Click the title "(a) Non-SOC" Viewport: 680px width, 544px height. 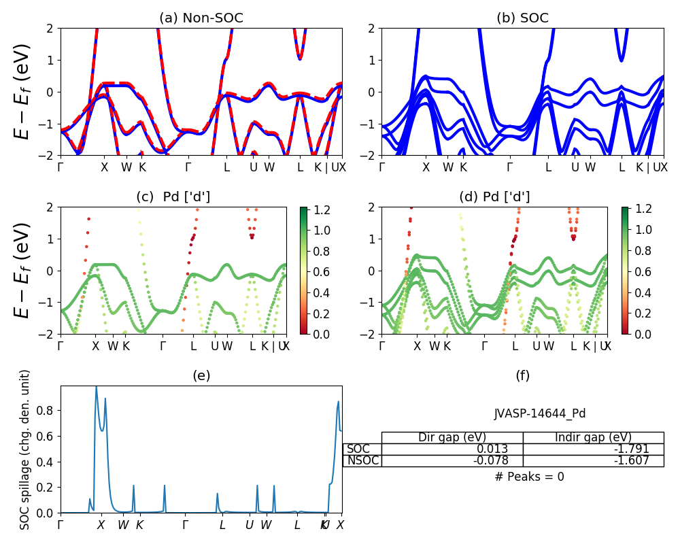pyautogui.click(x=201, y=18)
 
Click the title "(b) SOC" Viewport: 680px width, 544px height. pyautogui.click(x=522, y=18)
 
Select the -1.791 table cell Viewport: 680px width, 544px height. pyautogui.click(x=632, y=449)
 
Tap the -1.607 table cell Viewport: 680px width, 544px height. pyautogui.click(x=632, y=460)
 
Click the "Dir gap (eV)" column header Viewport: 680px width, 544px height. pyautogui.click(x=452, y=437)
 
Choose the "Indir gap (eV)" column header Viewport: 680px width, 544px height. pyautogui.click(x=593, y=437)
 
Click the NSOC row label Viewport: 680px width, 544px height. pyautogui.click(x=362, y=460)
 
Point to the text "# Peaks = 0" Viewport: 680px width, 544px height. pyautogui.click(x=530, y=477)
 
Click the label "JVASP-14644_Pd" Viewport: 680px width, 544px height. pyautogui.click(x=540, y=413)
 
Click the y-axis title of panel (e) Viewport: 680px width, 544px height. pyautogui.click(x=25, y=449)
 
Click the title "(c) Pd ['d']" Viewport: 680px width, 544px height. pyautogui.click(x=173, y=197)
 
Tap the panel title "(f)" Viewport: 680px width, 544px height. pyautogui.click(x=522, y=375)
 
